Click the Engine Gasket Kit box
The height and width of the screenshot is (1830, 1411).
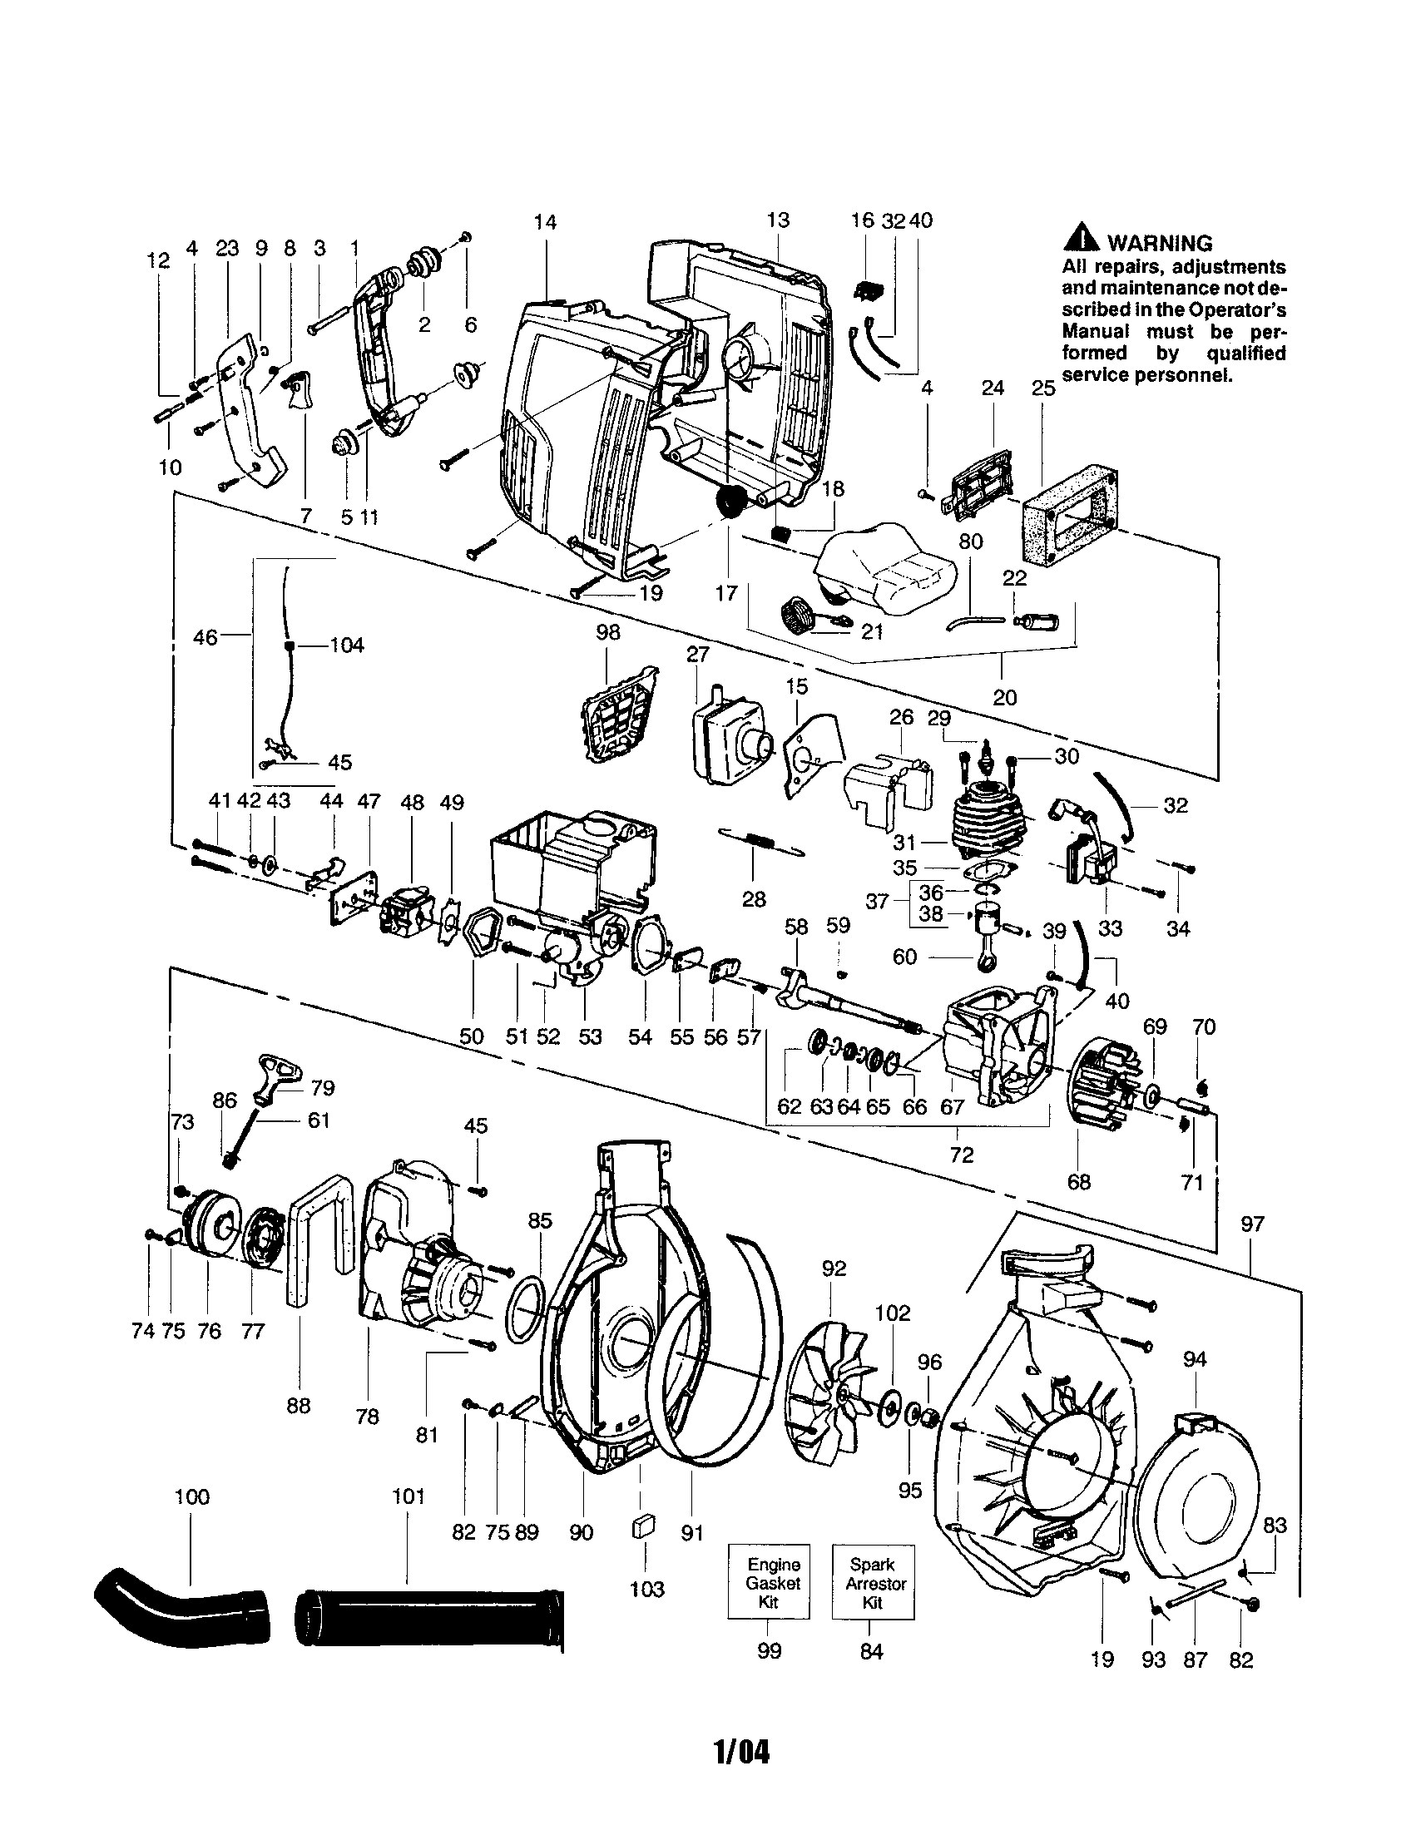(769, 1582)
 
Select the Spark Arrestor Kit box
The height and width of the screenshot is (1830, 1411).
(872, 1582)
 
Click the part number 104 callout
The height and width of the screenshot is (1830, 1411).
(347, 645)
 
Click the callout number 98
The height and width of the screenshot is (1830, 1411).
(608, 633)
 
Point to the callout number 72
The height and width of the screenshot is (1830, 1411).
(962, 1154)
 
